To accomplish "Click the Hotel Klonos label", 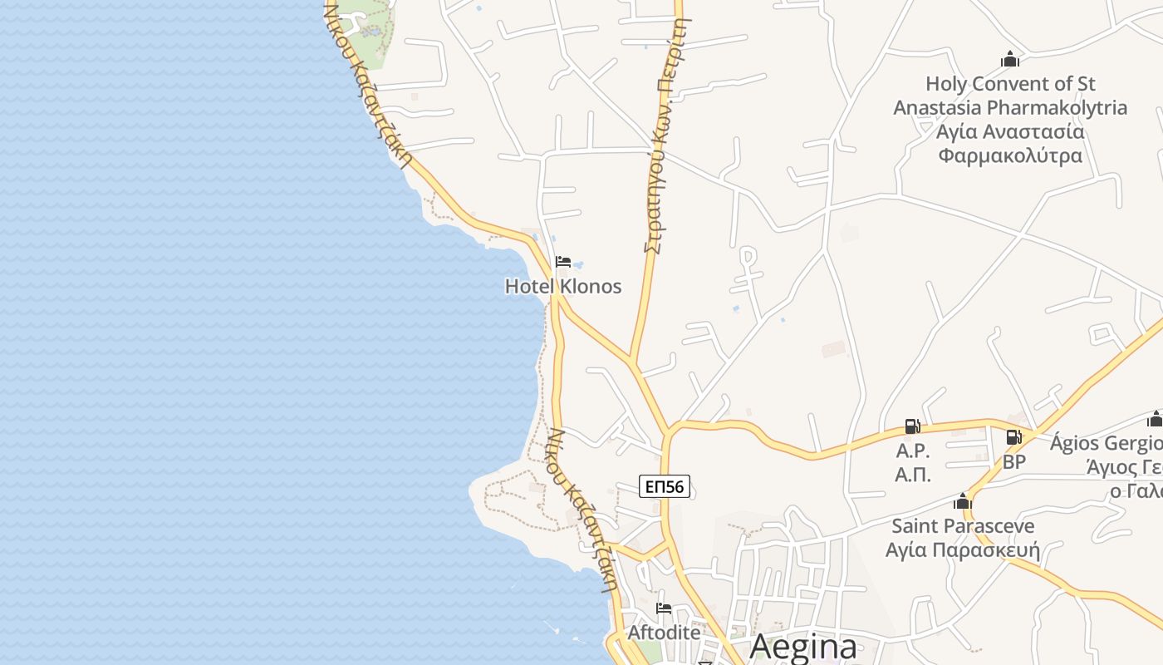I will click(x=563, y=287).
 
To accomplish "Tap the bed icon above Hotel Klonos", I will click(x=563, y=262).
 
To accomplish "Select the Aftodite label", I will click(x=664, y=633).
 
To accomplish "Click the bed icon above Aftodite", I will click(x=664, y=608).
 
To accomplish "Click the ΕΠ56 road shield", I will click(x=665, y=486).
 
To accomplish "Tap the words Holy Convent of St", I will click(x=1010, y=84).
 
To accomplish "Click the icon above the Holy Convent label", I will click(x=1010, y=60).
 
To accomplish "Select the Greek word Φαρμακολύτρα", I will click(x=1010, y=155).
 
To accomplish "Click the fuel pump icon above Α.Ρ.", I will click(x=912, y=426).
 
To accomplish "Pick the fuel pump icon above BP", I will click(x=1014, y=437).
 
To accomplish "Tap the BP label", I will click(x=1014, y=462).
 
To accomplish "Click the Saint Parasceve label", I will click(x=963, y=526).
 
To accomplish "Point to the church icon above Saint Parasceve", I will click(x=963, y=502).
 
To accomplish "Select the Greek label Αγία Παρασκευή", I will click(x=963, y=550).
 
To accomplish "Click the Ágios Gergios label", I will click(x=1105, y=443).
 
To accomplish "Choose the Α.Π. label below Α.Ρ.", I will click(x=912, y=475).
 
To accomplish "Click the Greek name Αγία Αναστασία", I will click(x=1010, y=131).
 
